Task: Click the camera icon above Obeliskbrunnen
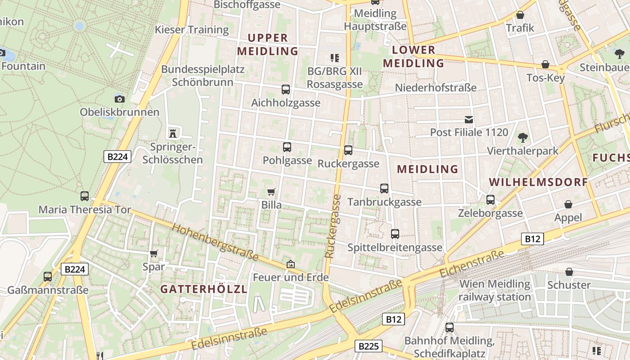(120, 99)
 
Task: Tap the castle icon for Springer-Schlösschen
(172, 133)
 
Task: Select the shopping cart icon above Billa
(271, 192)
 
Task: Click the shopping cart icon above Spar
(154, 254)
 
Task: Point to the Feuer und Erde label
(291, 277)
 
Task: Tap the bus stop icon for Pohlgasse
(287, 147)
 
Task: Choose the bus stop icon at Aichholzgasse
(286, 90)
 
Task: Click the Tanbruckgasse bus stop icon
(384, 189)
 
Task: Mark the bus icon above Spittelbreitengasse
(395, 234)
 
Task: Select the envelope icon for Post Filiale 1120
(469, 120)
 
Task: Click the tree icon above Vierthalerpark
(522, 137)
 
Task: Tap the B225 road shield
(369, 346)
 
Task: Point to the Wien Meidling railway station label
(495, 291)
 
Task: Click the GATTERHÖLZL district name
(204, 289)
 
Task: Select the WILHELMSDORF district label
(538, 182)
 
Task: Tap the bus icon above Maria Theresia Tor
(85, 196)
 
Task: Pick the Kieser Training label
(192, 30)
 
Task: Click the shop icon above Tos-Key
(545, 65)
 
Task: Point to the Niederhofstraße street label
(435, 88)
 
